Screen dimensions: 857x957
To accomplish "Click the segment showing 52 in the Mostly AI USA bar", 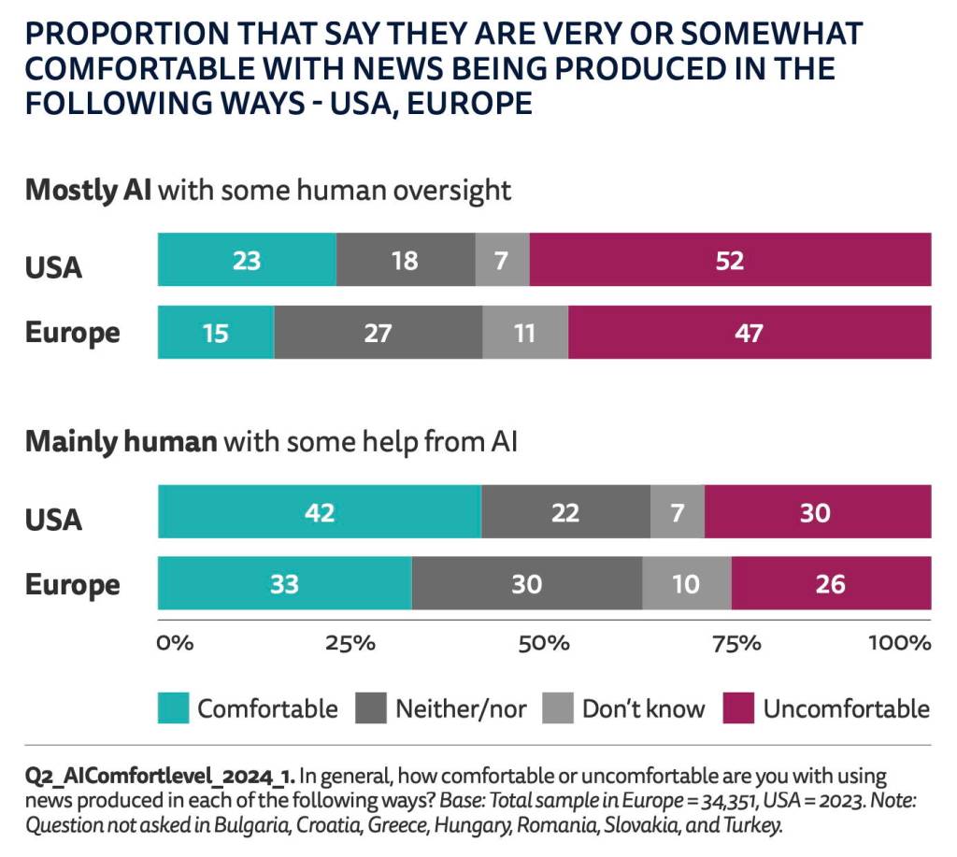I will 730,260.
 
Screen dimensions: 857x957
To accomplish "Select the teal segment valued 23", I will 247,260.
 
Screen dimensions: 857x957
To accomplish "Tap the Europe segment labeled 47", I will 749,333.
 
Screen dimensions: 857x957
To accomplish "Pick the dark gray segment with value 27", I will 378,333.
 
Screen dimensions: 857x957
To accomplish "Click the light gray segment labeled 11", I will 525,333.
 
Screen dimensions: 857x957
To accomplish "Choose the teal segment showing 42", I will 320,512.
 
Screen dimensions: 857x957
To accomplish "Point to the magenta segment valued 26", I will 830,584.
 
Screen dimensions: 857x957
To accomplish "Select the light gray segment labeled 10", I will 686,584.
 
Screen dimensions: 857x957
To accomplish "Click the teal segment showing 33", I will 284,584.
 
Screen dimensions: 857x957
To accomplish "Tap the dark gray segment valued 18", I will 405,260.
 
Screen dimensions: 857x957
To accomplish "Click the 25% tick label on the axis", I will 350,643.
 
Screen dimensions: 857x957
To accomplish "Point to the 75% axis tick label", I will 737,643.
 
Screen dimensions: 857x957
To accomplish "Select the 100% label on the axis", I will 899,643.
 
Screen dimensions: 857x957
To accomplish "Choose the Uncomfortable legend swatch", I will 739,708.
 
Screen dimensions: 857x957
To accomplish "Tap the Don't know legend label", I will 643,708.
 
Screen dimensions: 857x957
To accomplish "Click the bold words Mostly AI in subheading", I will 89,190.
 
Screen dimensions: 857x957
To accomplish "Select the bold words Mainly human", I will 121,441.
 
